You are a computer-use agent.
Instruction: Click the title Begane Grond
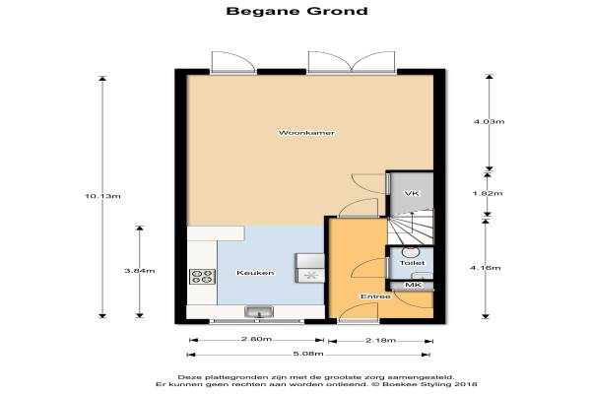(297, 11)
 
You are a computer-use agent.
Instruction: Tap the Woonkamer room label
(306, 133)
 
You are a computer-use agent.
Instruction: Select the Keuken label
(255, 273)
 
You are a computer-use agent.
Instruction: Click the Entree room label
(375, 296)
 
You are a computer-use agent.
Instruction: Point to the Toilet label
(412, 263)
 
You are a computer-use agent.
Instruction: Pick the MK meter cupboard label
(413, 285)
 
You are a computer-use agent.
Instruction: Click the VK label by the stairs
(412, 193)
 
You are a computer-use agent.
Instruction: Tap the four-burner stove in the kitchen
(202, 277)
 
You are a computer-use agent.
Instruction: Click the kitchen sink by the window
(259, 312)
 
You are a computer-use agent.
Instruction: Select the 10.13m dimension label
(102, 196)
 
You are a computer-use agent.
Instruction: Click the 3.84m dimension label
(140, 271)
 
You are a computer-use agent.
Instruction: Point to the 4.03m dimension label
(489, 121)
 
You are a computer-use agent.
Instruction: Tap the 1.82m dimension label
(488, 193)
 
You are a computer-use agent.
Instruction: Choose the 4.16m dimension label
(486, 268)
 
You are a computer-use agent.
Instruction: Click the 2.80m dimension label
(256, 339)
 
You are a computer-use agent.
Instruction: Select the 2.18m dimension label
(380, 341)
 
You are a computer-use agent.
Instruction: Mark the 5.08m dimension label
(308, 354)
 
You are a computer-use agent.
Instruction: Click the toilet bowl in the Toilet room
(409, 252)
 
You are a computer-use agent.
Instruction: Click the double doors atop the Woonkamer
(352, 62)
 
